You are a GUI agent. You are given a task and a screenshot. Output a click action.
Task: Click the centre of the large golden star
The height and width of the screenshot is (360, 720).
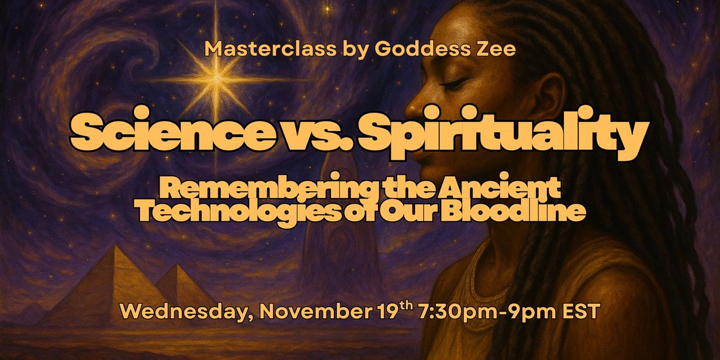[x=216, y=78]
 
